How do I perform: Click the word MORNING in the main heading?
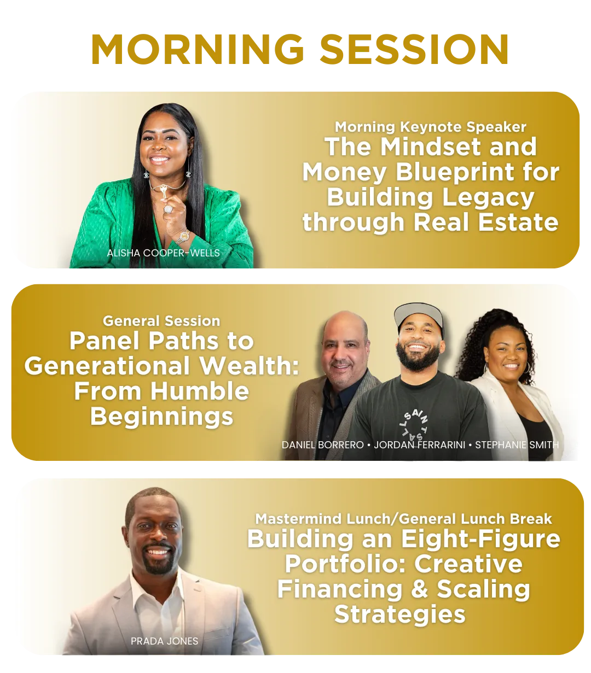198,49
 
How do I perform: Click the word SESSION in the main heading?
414,49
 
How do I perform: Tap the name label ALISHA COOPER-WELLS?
163,253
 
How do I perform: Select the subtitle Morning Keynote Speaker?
430,127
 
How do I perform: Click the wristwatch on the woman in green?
183,236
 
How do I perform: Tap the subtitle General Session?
161,321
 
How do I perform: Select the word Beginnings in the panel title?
161,417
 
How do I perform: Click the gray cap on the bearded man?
419,315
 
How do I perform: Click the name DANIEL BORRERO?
323,445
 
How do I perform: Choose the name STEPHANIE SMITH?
517,445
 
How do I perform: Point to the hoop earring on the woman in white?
527,368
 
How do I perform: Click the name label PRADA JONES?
164,641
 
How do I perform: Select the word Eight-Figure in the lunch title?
480,539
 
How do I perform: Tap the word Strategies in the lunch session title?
400,615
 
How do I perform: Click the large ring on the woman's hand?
169,209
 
